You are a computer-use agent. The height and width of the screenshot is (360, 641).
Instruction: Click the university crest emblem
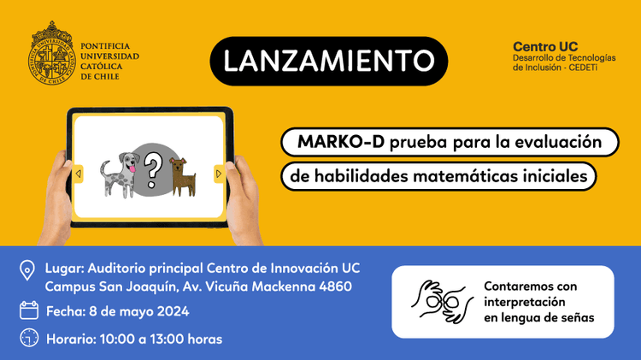(53, 53)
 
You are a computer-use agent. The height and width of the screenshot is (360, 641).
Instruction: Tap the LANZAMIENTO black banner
(328, 61)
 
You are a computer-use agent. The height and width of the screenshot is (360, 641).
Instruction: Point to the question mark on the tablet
(152, 168)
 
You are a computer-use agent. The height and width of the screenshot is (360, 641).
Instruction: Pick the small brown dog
(182, 175)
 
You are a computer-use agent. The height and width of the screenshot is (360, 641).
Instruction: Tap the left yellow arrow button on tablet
(78, 174)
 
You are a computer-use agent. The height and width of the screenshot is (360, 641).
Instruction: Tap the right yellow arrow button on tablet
(219, 174)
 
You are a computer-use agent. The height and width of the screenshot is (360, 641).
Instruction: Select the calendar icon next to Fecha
(28, 310)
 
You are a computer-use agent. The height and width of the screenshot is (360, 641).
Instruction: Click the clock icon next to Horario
(28, 339)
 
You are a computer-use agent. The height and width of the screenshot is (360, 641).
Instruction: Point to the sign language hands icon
(441, 301)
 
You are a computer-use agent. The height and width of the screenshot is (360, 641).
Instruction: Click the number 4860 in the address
(330, 286)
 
